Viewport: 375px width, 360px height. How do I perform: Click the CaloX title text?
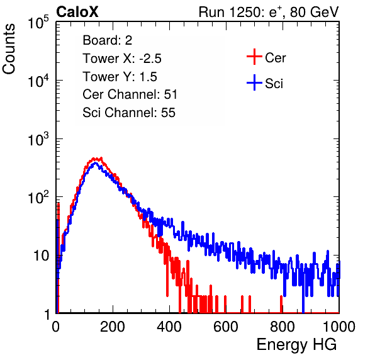77,12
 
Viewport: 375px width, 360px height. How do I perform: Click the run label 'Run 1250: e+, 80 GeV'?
269,12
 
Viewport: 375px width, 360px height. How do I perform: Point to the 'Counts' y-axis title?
9,49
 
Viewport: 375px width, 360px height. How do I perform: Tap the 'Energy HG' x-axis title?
296,345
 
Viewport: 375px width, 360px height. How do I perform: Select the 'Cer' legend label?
275,58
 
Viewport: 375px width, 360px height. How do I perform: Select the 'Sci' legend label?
274,84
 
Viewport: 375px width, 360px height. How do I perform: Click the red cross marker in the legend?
254,57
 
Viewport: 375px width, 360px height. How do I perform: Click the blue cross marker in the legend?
254,82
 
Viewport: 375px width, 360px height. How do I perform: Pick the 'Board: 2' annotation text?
108,40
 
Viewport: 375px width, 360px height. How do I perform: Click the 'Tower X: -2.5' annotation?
122,59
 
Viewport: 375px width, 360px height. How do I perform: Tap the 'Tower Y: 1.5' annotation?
120,77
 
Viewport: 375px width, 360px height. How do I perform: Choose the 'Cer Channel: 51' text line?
130,94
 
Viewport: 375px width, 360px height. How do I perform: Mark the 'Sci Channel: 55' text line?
129,113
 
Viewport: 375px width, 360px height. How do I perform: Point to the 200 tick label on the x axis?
113,327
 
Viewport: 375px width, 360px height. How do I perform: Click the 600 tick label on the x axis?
226,327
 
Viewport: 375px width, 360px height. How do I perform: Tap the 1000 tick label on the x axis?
339,327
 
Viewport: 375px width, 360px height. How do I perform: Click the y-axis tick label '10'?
42,256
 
